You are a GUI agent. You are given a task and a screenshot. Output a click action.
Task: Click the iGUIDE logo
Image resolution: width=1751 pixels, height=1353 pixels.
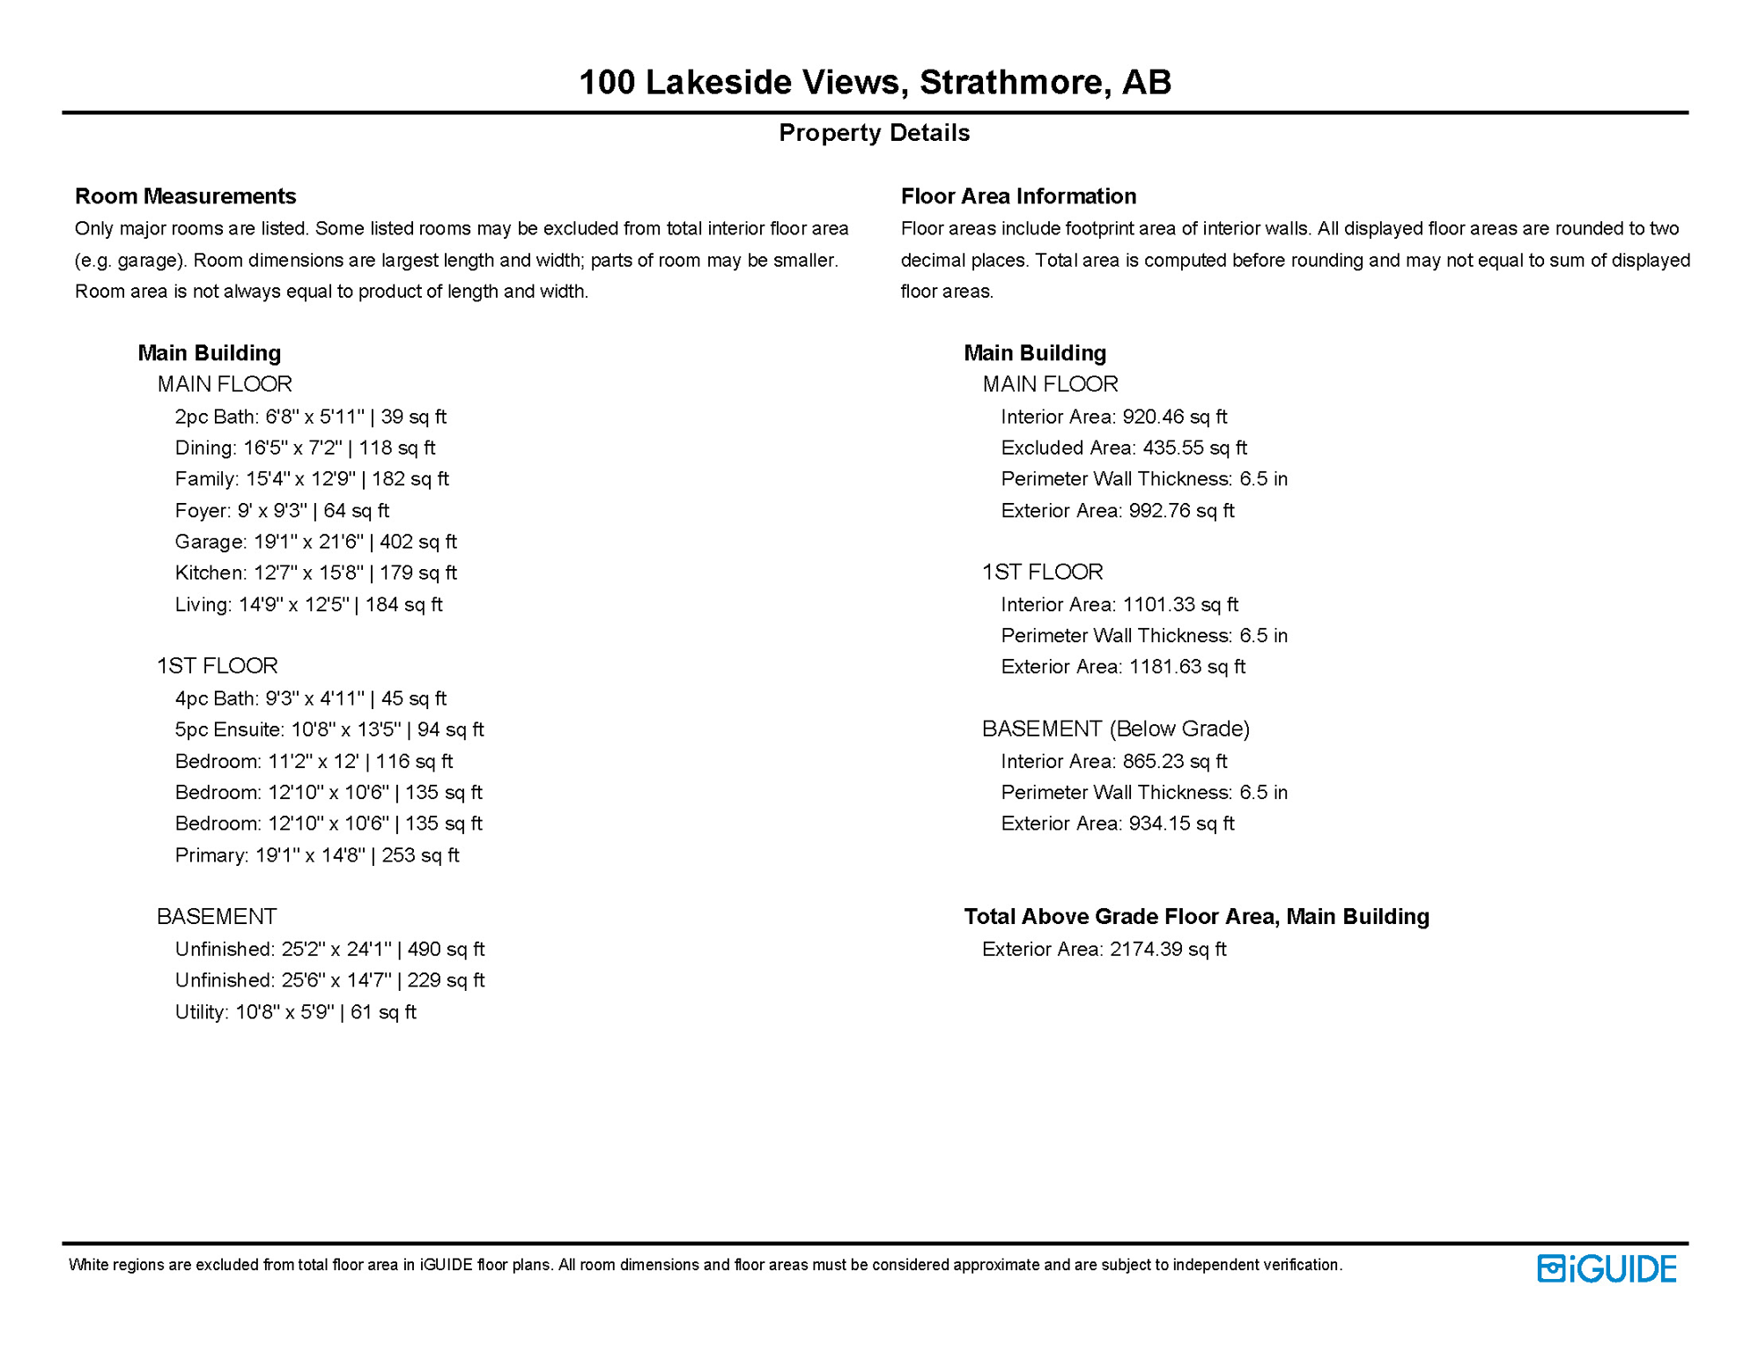click(1607, 1268)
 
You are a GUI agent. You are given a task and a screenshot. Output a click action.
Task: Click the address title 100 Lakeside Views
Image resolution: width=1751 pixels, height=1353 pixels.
click(875, 82)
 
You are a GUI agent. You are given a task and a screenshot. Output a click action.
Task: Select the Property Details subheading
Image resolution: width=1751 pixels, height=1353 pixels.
click(874, 133)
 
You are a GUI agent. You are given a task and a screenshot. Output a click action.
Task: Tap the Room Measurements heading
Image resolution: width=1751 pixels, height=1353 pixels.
click(185, 196)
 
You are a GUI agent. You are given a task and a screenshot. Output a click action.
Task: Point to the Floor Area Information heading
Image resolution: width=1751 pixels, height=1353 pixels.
click(1018, 196)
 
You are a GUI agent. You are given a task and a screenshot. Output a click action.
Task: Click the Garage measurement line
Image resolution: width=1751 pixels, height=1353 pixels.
click(315, 542)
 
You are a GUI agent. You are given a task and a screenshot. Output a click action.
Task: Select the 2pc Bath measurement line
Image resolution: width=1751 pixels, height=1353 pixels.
click(310, 417)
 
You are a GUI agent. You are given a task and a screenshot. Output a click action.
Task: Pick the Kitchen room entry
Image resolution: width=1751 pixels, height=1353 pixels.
click(315, 573)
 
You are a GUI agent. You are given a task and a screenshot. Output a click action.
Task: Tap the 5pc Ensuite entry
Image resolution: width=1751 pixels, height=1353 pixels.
click(329, 729)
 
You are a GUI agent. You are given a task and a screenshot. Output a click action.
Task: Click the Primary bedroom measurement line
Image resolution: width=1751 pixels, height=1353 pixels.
click(317, 855)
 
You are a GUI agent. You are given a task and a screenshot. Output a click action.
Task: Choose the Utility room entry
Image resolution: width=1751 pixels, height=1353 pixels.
click(295, 1012)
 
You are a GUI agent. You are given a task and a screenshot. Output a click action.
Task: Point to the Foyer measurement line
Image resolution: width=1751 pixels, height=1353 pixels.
click(282, 511)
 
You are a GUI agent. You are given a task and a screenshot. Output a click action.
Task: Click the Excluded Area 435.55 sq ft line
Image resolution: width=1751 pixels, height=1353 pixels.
click(1124, 447)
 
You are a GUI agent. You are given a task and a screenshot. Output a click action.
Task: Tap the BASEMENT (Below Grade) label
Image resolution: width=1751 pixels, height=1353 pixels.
click(1116, 728)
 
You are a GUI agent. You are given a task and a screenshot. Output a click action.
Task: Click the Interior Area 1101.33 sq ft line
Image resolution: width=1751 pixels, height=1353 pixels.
click(1119, 604)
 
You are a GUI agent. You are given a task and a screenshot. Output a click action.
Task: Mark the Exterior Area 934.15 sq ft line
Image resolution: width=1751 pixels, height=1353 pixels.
click(1118, 824)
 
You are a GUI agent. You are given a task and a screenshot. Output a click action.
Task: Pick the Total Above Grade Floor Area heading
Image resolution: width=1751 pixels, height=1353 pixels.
click(1196, 917)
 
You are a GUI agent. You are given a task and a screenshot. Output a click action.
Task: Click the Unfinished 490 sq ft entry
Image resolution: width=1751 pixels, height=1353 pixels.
click(329, 950)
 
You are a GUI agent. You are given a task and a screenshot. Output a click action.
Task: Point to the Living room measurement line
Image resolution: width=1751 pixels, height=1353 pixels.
click(308, 604)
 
